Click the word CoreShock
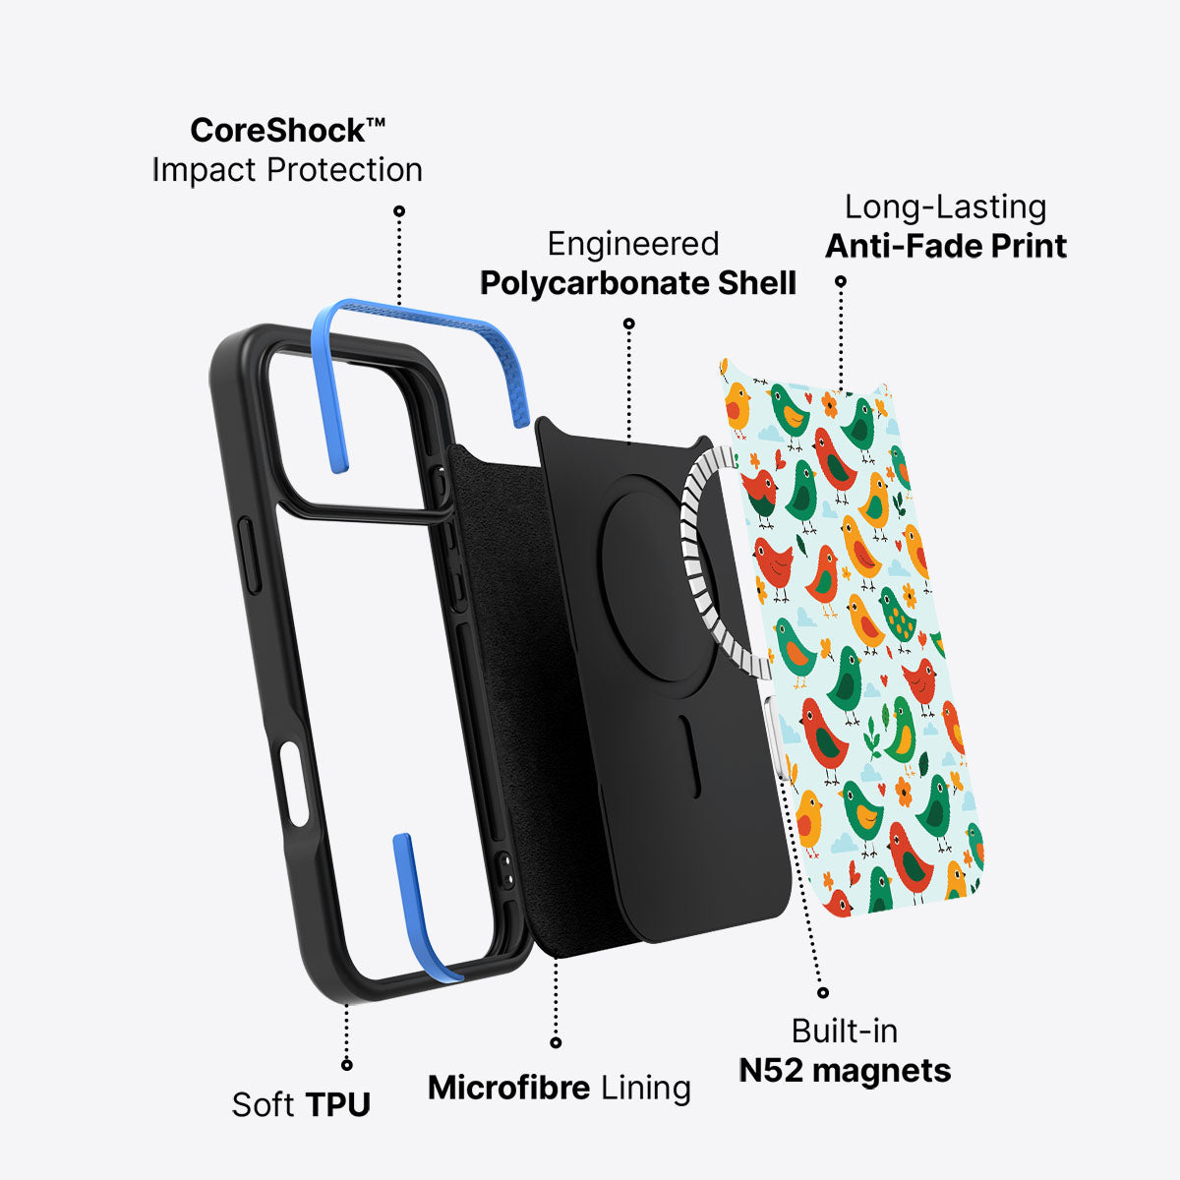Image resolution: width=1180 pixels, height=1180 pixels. [278, 131]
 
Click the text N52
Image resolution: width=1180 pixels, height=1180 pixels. [770, 1019]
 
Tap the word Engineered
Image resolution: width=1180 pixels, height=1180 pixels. [633, 244]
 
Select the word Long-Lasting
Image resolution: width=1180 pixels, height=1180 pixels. [945, 206]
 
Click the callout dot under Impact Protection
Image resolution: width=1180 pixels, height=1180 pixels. [399, 210]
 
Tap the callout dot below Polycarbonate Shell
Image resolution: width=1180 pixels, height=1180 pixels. [629, 324]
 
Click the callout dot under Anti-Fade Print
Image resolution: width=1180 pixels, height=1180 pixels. [841, 281]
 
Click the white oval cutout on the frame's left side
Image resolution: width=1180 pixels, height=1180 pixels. [294, 783]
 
